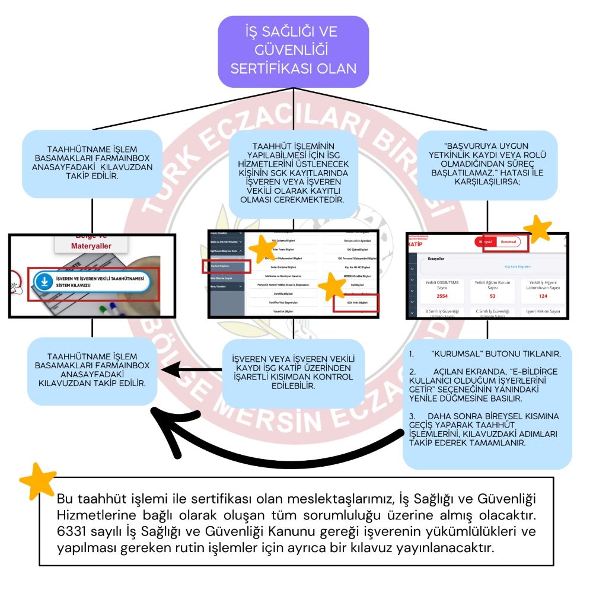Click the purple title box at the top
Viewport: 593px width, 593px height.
pos(293,50)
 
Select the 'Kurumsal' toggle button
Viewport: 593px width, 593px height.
pos(508,243)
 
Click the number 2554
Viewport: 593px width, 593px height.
pos(441,295)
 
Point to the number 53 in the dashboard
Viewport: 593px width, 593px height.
pos(492,295)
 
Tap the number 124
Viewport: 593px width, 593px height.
pos(543,295)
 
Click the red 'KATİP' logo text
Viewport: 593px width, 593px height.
pos(419,244)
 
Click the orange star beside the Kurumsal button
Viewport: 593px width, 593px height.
pos(539,228)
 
